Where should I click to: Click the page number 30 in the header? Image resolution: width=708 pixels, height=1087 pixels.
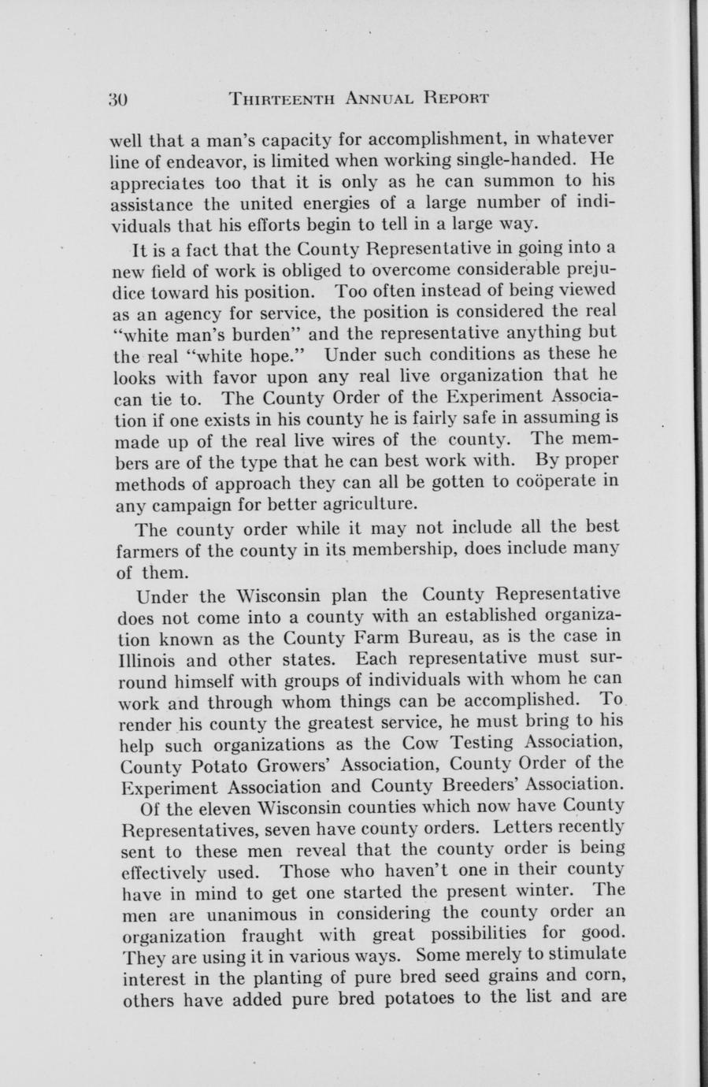click(x=119, y=99)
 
